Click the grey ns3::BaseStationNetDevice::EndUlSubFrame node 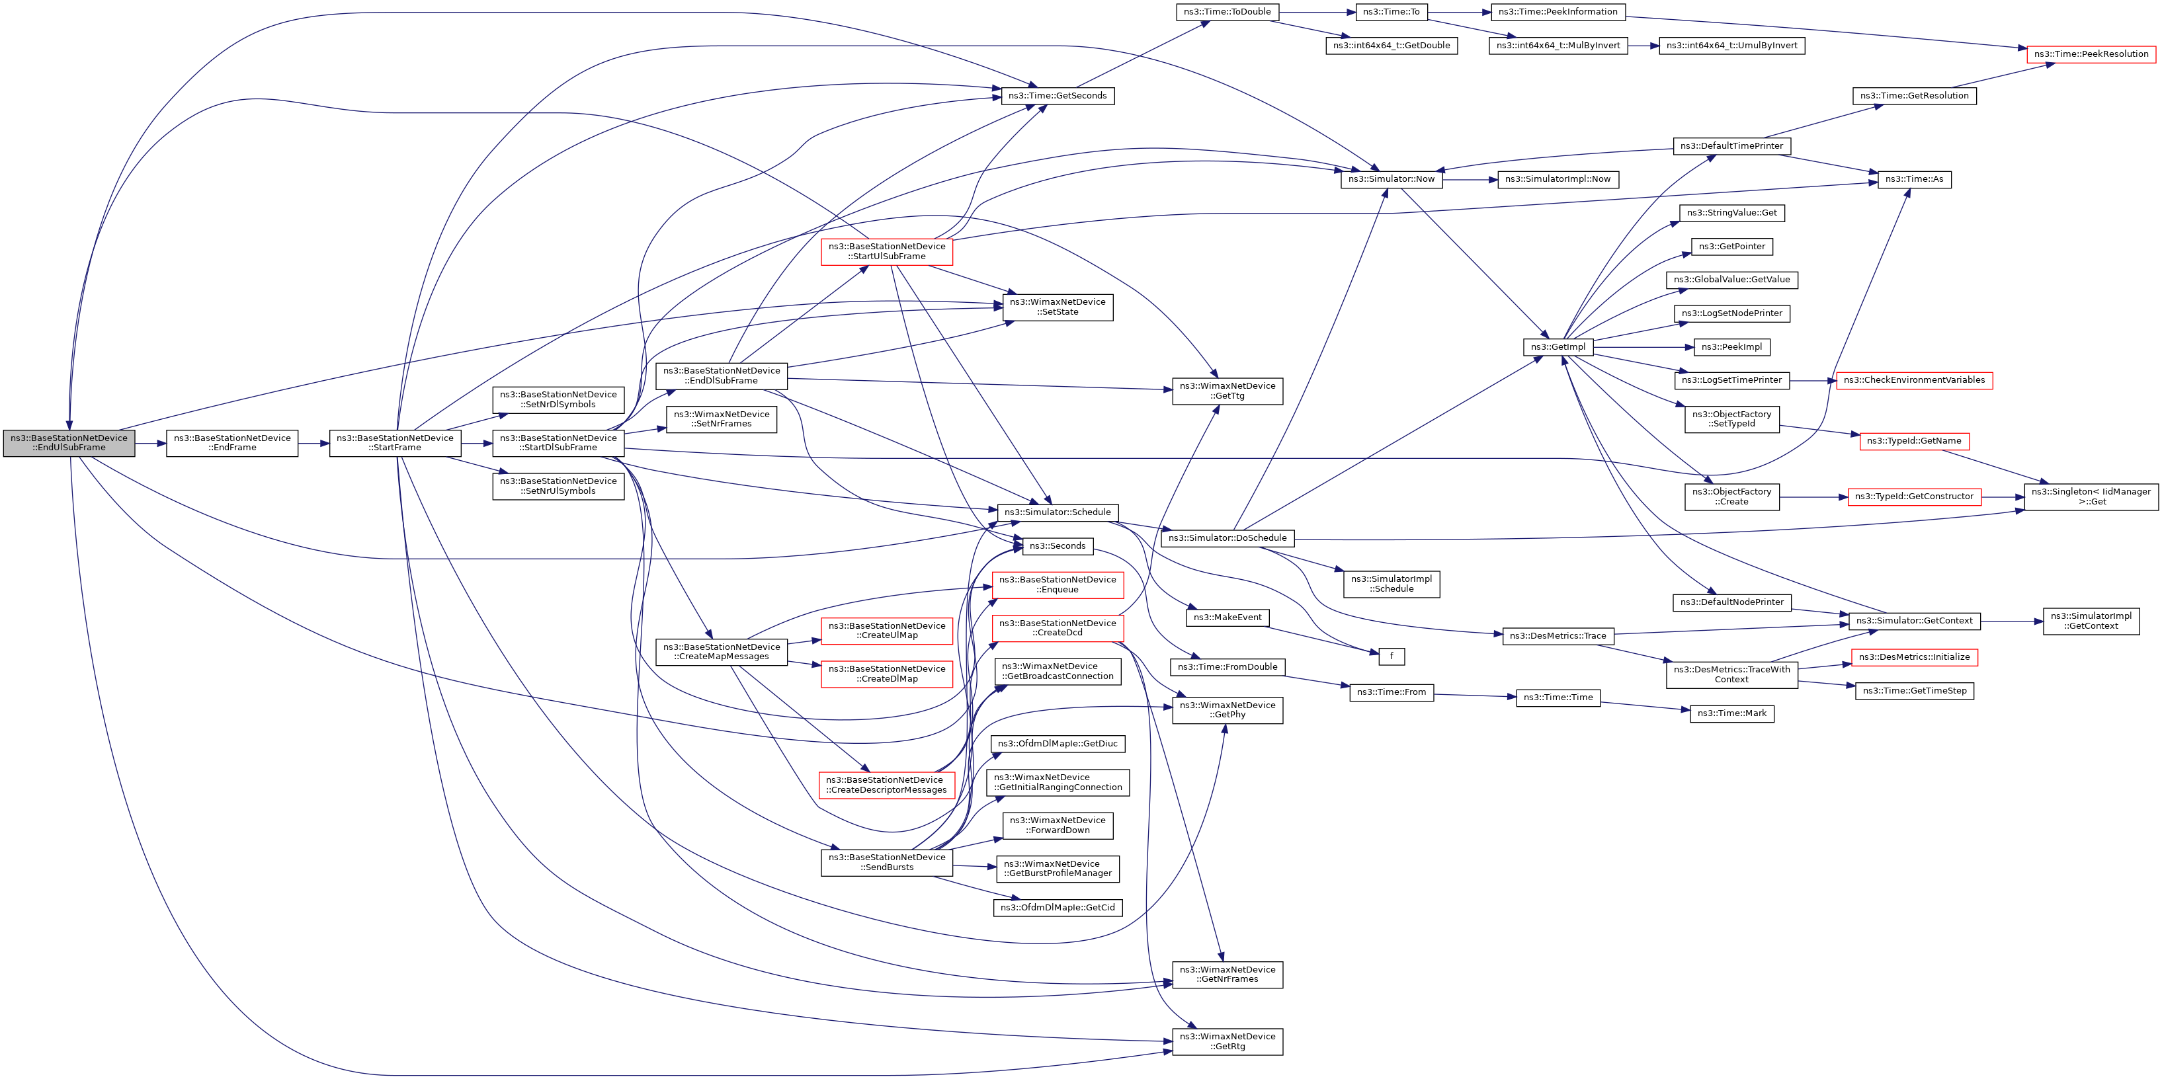[x=69, y=443]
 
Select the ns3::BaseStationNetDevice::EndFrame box [x=231, y=443]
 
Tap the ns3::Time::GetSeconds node [x=1057, y=96]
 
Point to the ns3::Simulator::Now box [x=1391, y=179]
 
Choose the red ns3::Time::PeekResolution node [x=2091, y=54]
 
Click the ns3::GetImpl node [x=1558, y=346]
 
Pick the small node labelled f [x=1391, y=656]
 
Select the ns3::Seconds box [x=1057, y=546]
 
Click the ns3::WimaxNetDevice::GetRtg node [x=1227, y=1041]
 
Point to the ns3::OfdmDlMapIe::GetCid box [x=1057, y=907]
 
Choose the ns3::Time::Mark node [x=1731, y=713]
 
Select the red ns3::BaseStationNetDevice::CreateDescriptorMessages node [x=886, y=785]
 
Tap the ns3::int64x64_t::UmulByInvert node [x=1731, y=46]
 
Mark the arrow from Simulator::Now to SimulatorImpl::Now [x=1470, y=179]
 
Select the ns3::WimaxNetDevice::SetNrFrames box [x=721, y=419]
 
